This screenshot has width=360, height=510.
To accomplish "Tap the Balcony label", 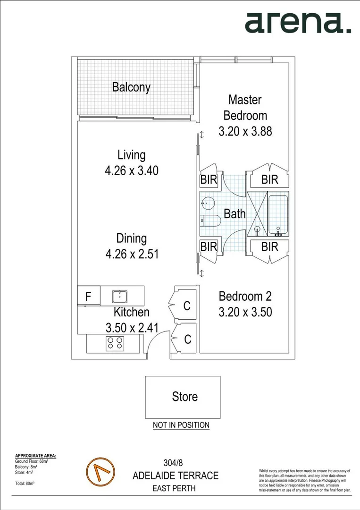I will point(131,87).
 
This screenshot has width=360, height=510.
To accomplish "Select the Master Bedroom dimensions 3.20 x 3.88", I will point(245,132).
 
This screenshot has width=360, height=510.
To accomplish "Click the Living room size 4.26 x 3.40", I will point(131,170).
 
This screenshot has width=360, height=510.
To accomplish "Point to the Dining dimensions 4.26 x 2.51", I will point(131,254).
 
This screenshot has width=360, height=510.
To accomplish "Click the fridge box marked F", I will point(88,297).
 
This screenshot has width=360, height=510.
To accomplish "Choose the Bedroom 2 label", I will point(245,297).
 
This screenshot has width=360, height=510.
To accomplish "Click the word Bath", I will point(234,213).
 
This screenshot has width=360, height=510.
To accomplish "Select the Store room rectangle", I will point(183,397).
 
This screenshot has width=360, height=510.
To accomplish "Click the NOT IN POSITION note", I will point(181,425).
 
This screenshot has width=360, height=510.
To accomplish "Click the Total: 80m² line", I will point(26,484).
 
